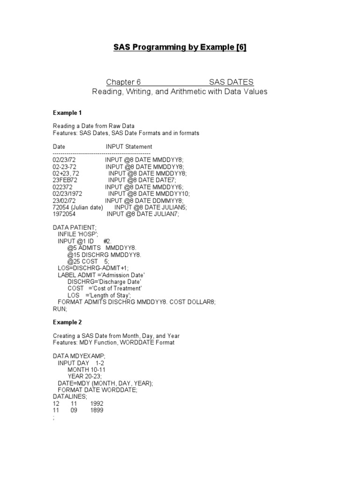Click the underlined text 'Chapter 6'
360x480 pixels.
click(123, 82)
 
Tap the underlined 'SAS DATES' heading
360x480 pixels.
click(232, 82)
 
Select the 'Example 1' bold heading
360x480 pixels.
click(67, 113)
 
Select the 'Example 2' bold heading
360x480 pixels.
click(67, 322)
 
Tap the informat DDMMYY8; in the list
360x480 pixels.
click(165, 200)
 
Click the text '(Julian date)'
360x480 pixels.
click(87, 207)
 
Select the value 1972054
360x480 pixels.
click(65, 214)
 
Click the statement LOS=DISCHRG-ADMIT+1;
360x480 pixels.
click(93, 268)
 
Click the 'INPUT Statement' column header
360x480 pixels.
click(129, 147)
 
